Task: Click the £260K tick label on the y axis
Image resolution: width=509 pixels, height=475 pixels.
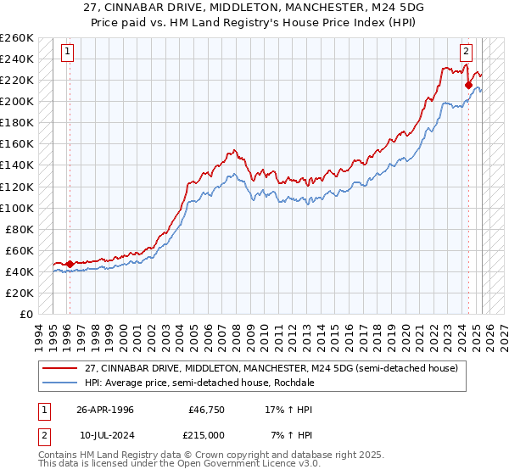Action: pos(17,38)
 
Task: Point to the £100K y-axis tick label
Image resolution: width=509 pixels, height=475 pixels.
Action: pos(17,208)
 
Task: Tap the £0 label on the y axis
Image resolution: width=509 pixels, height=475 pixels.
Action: pos(25,314)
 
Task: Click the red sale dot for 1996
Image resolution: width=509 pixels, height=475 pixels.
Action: pos(70,264)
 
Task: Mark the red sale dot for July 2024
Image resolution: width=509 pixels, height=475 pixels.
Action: pos(468,85)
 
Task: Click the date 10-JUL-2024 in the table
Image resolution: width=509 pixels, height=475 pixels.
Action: pos(105,436)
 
